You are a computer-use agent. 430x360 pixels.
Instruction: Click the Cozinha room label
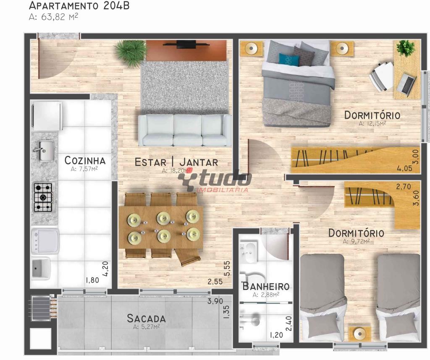(85, 161)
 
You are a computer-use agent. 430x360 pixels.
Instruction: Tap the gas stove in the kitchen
(43, 197)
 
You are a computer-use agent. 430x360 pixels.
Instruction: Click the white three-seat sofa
(185, 130)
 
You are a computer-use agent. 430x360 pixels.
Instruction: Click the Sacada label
(147, 318)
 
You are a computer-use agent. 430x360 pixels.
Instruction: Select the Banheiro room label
(266, 286)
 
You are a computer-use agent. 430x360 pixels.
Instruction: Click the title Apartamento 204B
(79, 5)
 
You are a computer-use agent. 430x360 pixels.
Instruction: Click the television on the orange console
(186, 44)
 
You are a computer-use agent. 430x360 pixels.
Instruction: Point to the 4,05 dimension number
(404, 168)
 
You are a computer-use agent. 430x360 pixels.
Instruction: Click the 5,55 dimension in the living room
(227, 269)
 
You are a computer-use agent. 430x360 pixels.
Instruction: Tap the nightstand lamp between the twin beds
(359, 334)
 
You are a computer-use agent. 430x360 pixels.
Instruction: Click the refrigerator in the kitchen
(47, 116)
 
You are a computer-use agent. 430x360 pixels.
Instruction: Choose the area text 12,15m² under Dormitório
(372, 123)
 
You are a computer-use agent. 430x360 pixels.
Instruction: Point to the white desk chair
(381, 76)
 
